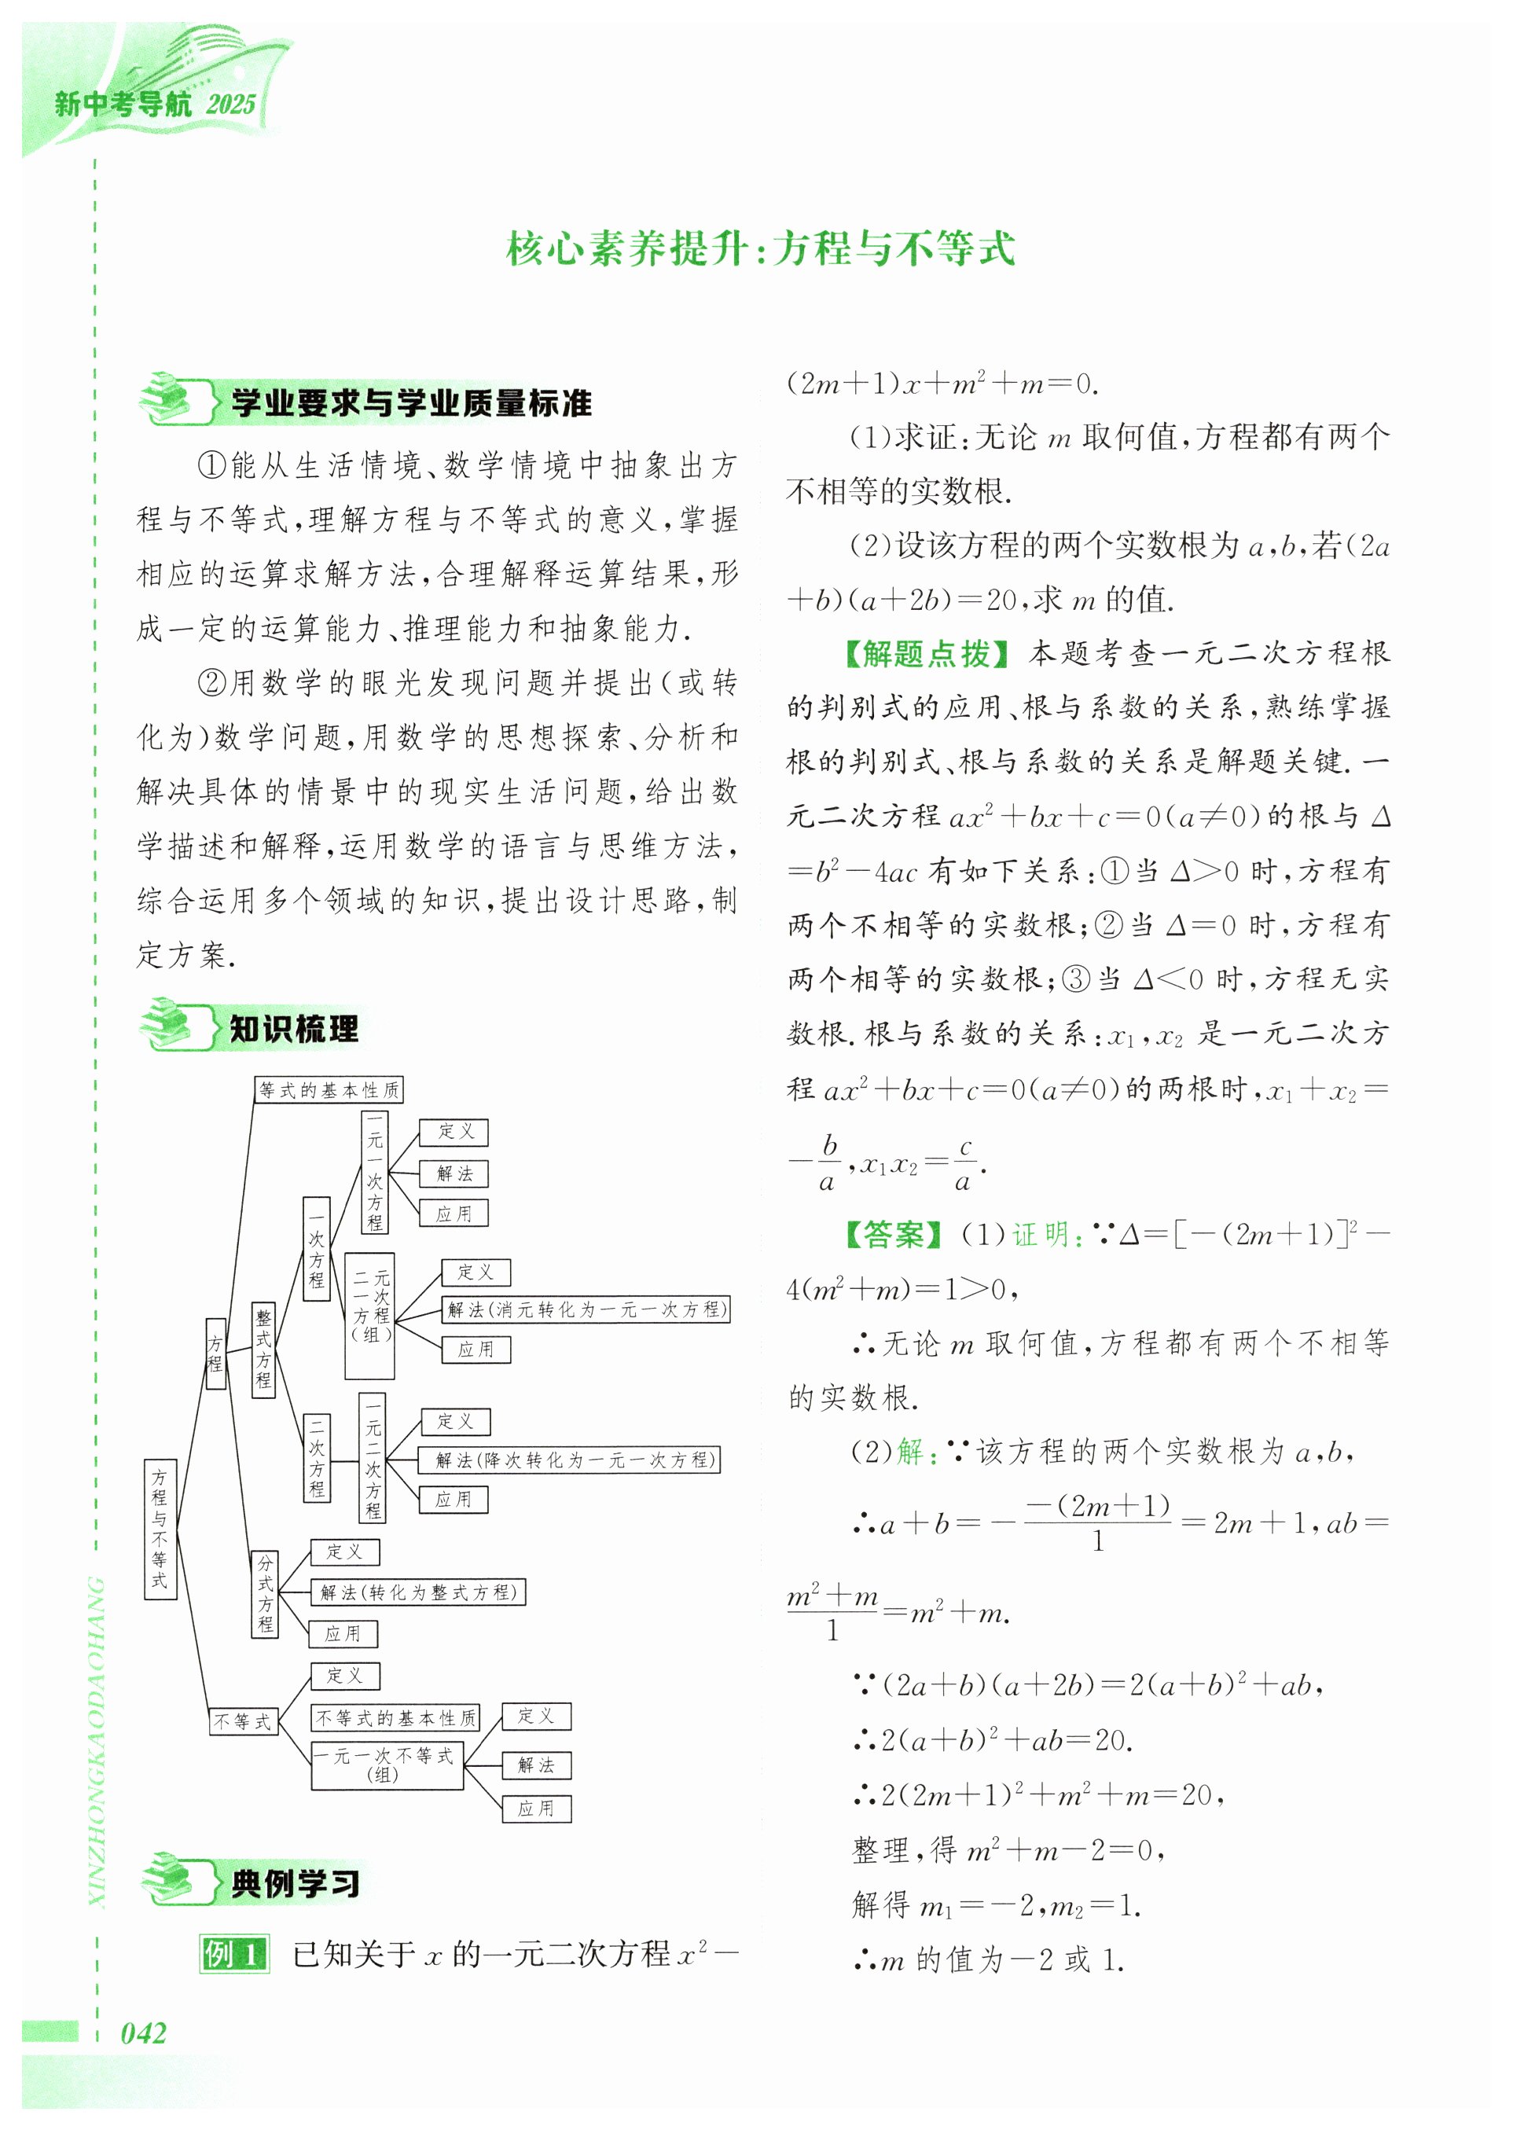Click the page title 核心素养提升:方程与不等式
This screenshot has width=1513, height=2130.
pos(759,249)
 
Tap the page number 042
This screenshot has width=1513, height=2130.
pos(144,2033)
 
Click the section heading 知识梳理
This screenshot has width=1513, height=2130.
pos(293,1029)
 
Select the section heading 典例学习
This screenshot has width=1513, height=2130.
pos(296,1883)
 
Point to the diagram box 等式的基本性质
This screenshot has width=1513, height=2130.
pos(329,1089)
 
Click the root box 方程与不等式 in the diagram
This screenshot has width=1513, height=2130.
pos(160,1528)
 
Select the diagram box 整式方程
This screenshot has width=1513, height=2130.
pos(263,1350)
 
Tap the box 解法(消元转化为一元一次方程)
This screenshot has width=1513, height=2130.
pos(585,1309)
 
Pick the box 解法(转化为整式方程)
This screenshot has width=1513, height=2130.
pos(417,1592)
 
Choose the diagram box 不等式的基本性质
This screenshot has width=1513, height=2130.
pos(396,1717)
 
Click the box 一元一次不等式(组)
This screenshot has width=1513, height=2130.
pos(387,1765)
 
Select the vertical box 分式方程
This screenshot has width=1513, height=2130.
pos(266,1593)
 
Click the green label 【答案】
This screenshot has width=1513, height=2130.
pos(894,1234)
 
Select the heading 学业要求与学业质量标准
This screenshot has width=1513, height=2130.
pos(411,403)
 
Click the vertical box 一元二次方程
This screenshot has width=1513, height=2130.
pos(373,1458)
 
